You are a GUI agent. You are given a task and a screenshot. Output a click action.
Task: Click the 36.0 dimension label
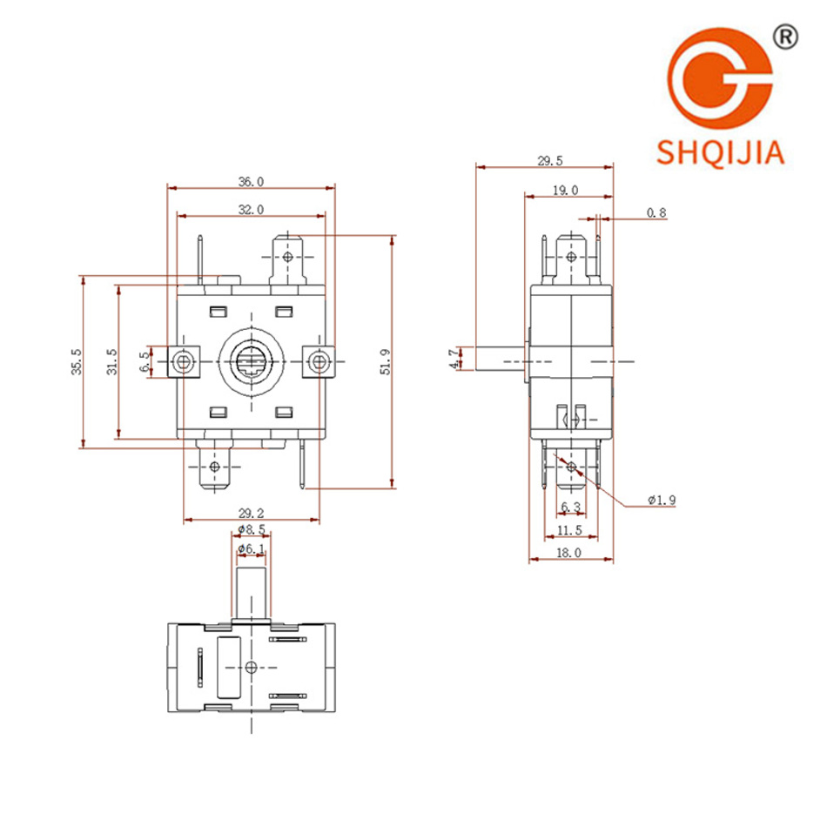point(252,181)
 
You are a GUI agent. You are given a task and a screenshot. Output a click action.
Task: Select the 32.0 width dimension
point(252,209)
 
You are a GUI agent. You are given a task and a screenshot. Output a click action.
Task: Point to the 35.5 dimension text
point(77,360)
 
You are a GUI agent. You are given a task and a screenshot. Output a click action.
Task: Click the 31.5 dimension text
point(111,360)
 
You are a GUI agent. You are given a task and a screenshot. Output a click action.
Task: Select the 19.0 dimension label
point(565,189)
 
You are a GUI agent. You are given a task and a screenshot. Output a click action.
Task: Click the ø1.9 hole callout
point(662,500)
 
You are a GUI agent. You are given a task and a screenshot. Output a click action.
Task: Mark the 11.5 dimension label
point(570,530)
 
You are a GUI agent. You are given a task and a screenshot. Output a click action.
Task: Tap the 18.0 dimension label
point(570,553)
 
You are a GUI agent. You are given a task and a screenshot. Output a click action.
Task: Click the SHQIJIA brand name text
point(722,154)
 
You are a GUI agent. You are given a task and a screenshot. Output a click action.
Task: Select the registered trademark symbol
point(784,36)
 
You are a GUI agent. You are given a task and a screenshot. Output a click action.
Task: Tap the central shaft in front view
point(252,360)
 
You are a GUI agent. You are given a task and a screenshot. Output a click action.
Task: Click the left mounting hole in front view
point(184,360)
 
